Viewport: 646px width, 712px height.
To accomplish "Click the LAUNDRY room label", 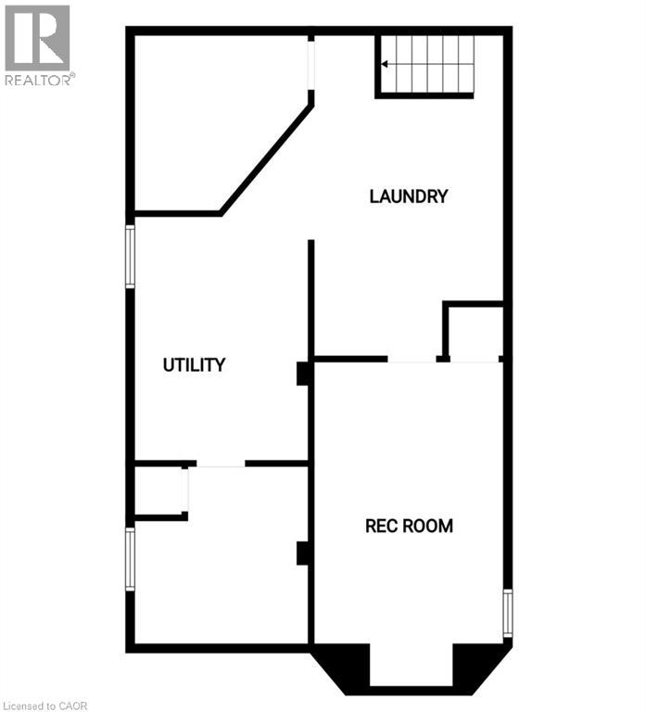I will point(408,197).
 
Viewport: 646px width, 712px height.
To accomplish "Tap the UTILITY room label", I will point(194,365).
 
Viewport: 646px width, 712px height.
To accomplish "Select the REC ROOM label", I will point(409,527).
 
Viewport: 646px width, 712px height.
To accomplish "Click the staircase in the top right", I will point(426,64).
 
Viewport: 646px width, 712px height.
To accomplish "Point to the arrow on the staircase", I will point(386,64).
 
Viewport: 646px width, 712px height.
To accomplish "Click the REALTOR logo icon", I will point(37,38).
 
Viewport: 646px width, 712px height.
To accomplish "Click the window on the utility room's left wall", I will point(131,256).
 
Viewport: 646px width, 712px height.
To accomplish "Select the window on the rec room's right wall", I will point(507,613).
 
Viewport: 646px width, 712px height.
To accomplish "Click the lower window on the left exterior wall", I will point(131,559).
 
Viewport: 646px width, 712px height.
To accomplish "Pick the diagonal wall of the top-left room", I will point(266,159).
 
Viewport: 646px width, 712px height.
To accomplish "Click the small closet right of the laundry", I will point(475,332).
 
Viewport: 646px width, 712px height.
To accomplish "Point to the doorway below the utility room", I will point(221,464).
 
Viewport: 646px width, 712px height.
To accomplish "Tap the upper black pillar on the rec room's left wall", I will point(302,373).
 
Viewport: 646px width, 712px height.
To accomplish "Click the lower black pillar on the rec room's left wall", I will point(302,553).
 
